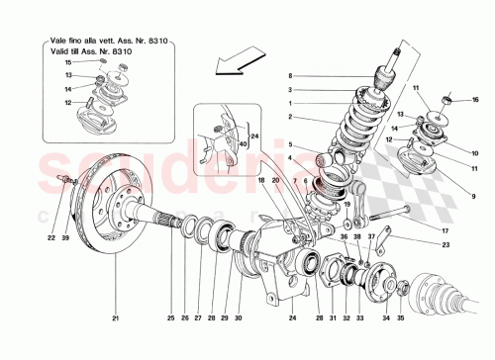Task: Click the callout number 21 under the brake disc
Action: (115, 318)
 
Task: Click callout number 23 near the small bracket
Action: (446, 244)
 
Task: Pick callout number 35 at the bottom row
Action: (401, 318)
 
